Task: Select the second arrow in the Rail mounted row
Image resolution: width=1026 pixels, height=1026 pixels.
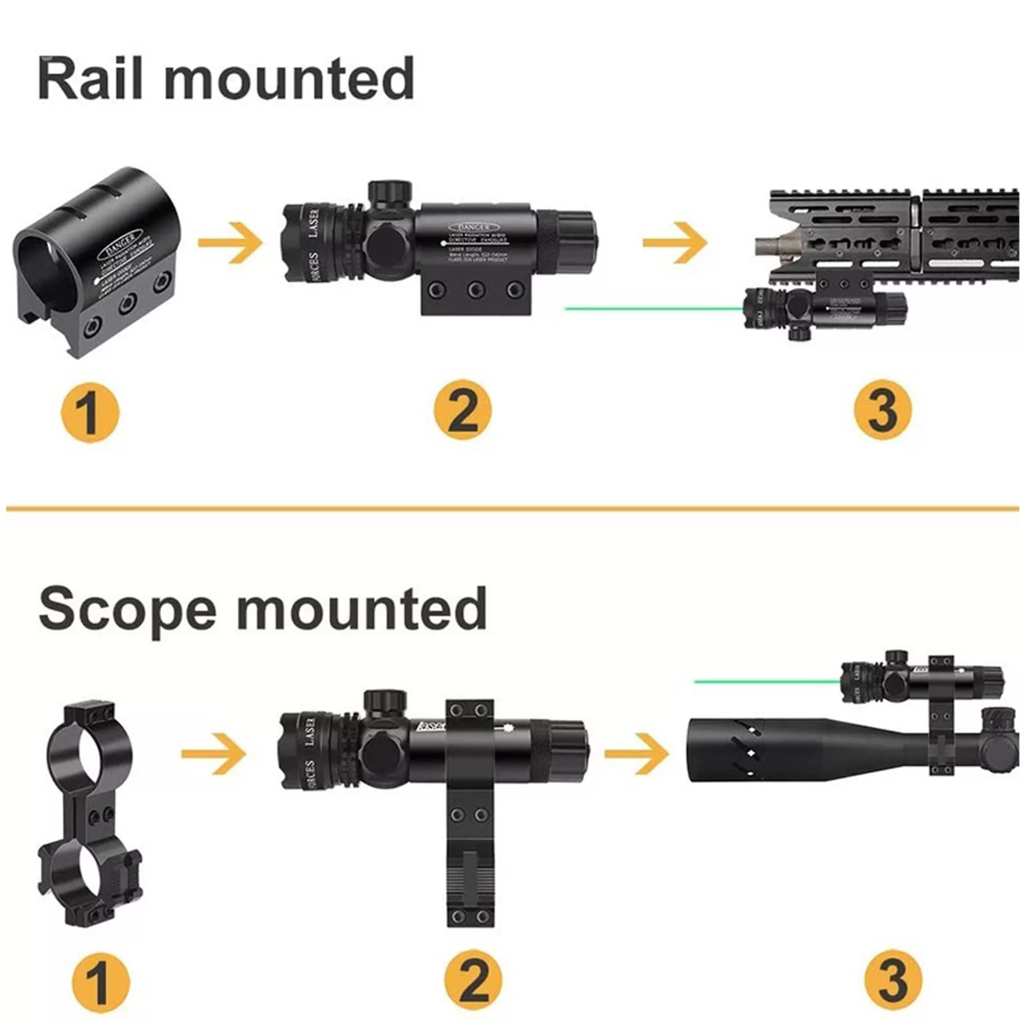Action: (x=674, y=243)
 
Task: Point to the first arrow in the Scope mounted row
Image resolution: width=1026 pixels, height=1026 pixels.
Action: (x=213, y=753)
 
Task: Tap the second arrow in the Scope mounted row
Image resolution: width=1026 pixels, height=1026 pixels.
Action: (x=636, y=753)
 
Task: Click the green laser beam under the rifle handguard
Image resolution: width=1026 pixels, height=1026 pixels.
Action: (x=653, y=308)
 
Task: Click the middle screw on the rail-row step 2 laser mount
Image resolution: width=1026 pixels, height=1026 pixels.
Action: (x=475, y=289)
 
